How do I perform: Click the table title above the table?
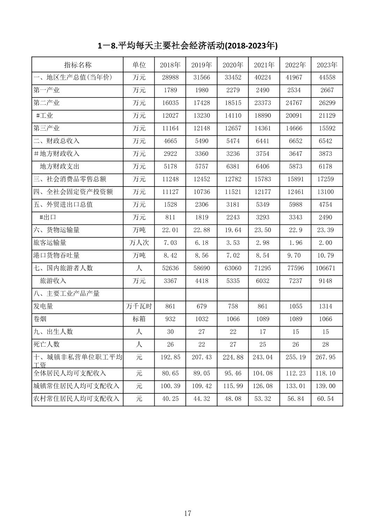coord(187,46)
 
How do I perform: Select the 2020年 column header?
coord(233,65)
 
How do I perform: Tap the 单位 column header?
coord(139,65)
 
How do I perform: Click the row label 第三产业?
coord(46,128)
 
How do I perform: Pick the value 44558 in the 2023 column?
coord(327,77)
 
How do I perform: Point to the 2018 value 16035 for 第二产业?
coord(170,103)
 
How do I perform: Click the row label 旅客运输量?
coord(50,242)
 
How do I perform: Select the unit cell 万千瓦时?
coord(139,306)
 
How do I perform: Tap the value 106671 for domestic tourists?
coord(327,268)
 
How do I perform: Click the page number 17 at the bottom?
coord(187,513)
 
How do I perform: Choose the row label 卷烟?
coord(40,319)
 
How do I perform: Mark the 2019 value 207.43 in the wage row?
coord(201,357)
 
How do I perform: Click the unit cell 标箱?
coord(139,319)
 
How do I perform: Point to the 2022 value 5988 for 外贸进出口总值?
coord(295,204)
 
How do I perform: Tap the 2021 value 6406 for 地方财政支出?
coord(263,166)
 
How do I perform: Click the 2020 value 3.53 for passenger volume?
coord(233,242)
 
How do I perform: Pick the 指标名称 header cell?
coord(78,65)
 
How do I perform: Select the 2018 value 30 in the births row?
coord(170,332)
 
